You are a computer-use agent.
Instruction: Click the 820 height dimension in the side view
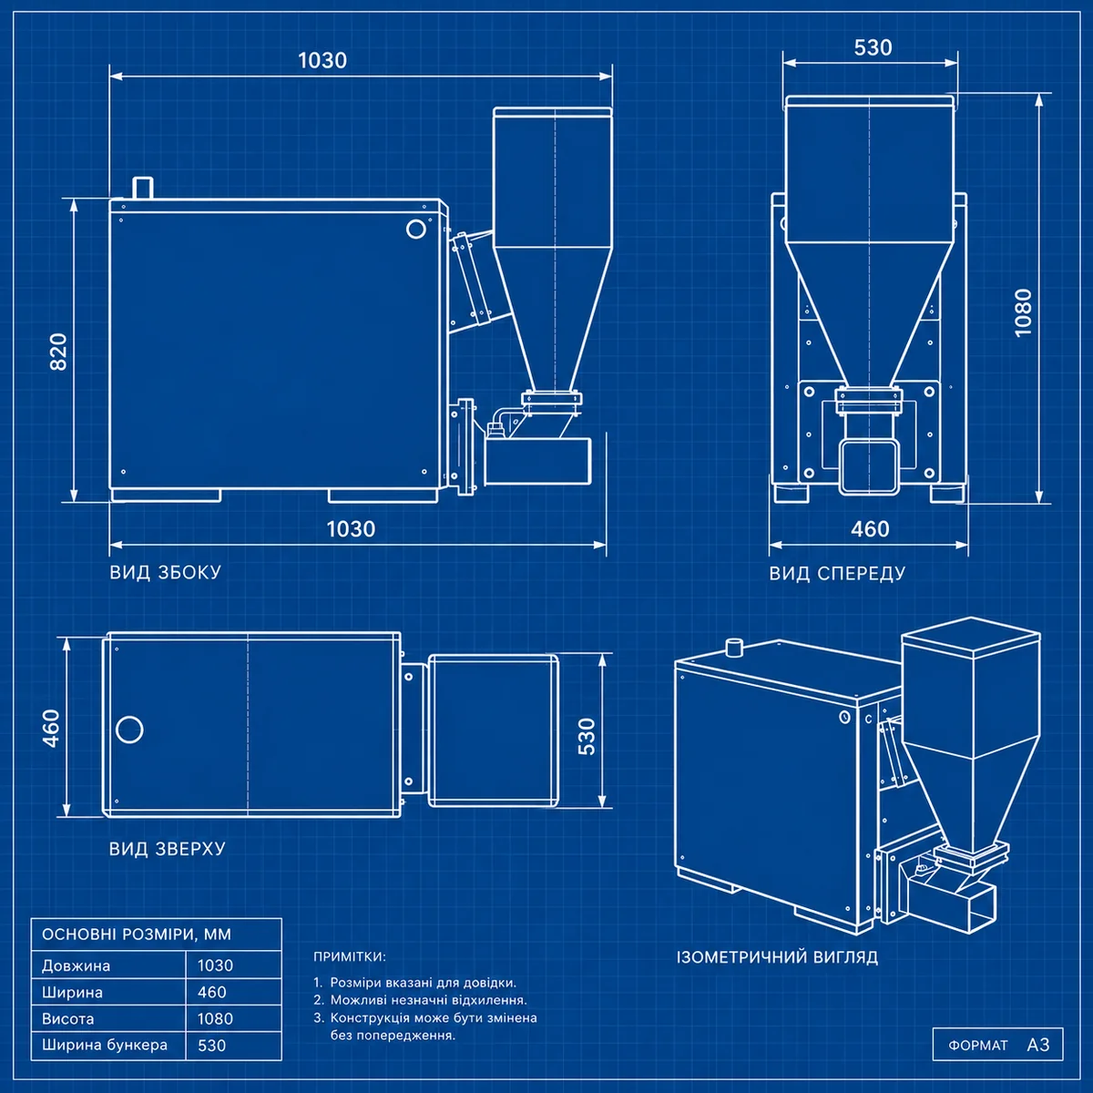(59, 352)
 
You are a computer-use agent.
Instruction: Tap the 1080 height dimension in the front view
(1023, 312)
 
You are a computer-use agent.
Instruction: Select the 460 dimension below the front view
(870, 529)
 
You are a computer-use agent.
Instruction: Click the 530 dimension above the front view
(873, 47)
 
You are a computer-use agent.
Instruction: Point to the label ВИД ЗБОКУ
(165, 572)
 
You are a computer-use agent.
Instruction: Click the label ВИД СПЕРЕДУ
(837, 574)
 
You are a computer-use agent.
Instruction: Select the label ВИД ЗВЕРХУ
(168, 849)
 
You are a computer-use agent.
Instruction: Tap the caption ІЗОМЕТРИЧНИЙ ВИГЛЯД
(777, 957)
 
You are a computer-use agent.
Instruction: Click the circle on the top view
(129, 729)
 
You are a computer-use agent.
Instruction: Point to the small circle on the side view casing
(415, 230)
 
